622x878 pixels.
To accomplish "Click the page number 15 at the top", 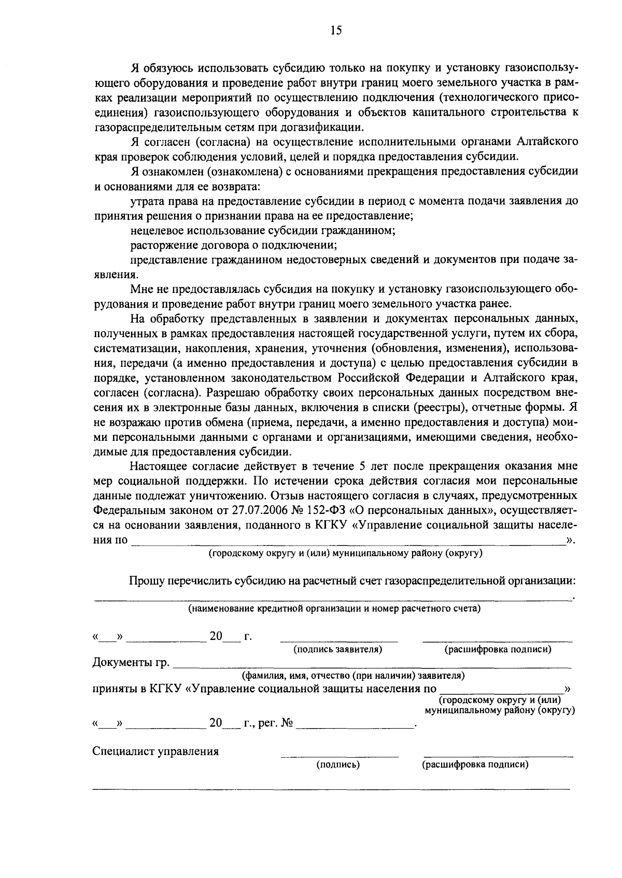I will [336, 31].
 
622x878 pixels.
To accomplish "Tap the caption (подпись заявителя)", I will [338, 649].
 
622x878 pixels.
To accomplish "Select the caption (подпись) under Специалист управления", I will [338, 764].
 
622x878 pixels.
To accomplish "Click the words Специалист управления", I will [155, 751].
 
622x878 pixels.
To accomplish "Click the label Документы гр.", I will [131, 662].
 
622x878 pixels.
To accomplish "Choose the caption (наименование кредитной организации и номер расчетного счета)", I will [334, 608].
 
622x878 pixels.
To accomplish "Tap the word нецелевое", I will [155, 231].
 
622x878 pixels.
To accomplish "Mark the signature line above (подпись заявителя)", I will [339, 641].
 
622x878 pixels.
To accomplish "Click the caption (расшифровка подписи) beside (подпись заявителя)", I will [498, 649].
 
